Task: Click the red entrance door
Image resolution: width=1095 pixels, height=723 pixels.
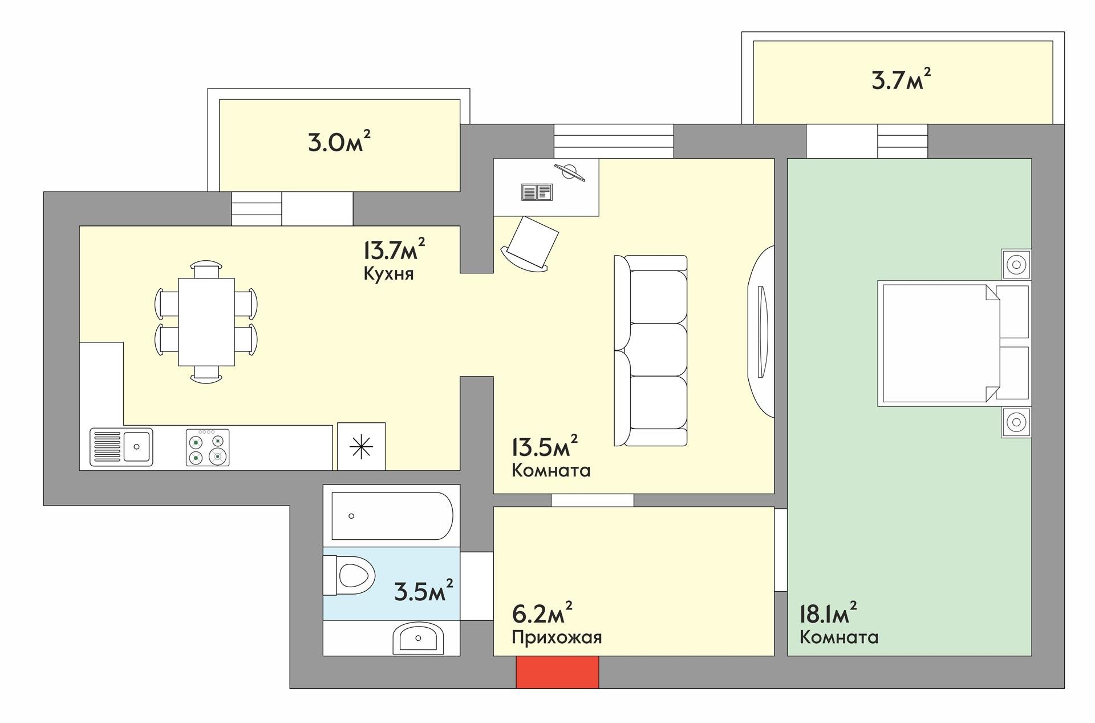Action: (x=557, y=672)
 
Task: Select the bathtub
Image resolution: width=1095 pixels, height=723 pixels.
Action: (x=388, y=516)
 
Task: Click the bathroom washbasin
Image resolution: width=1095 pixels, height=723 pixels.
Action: (x=418, y=638)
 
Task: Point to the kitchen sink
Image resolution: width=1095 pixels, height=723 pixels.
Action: (x=121, y=447)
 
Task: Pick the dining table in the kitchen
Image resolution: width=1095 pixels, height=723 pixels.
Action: (x=206, y=322)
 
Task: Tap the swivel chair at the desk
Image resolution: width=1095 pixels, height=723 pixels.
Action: (x=530, y=242)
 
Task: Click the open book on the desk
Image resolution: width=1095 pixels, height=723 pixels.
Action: (x=537, y=192)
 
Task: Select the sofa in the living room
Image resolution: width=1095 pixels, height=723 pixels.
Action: (x=651, y=350)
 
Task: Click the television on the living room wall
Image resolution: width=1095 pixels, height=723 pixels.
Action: (x=761, y=332)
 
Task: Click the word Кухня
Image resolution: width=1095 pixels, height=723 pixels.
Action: (x=388, y=274)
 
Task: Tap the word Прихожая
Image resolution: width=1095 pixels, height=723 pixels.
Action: (x=557, y=637)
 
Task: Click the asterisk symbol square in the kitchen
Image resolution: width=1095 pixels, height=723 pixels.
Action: (x=361, y=446)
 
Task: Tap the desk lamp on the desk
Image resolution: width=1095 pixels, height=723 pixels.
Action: (x=570, y=171)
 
